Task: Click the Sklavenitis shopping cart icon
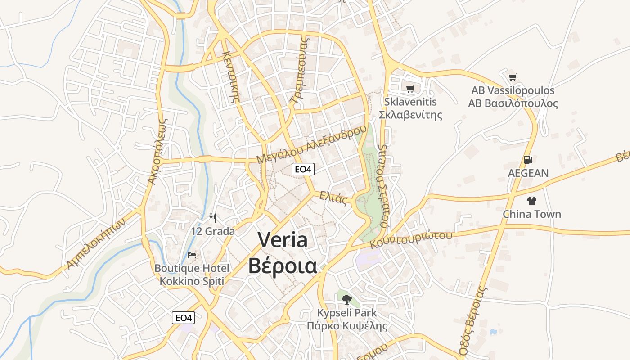click(x=410, y=89)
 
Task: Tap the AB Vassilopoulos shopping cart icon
click(x=513, y=77)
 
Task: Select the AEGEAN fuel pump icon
click(x=528, y=160)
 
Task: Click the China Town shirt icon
click(x=532, y=201)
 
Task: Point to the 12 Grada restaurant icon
click(x=213, y=218)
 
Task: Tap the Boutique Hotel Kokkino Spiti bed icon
click(x=192, y=255)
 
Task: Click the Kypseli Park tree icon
click(x=346, y=299)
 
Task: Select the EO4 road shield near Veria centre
click(x=303, y=169)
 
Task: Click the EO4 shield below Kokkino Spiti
click(x=184, y=318)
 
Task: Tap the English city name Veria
click(x=283, y=240)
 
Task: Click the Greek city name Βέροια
click(x=283, y=265)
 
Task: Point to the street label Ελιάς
click(x=333, y=198)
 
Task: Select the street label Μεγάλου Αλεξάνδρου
click(x=311, y=144)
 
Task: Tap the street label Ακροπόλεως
click(x=157, y=151)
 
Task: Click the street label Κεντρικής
click(x=229, y=76)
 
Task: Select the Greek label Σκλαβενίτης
click(x=410, y=115)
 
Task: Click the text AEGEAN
click(x=528, y=173)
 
